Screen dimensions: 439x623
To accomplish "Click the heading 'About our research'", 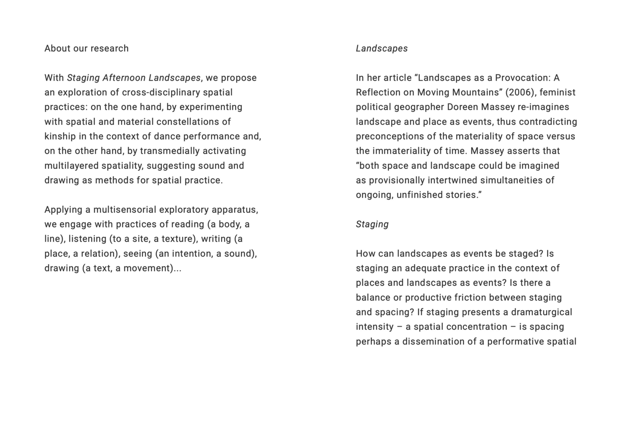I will tap(86, 49).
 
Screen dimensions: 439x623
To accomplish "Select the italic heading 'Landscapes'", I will tap(382, 49).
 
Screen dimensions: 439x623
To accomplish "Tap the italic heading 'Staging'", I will tap(372, 224).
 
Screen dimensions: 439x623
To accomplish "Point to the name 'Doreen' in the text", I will tap(462, 107).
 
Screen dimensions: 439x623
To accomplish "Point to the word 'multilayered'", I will tap(71, 166).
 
